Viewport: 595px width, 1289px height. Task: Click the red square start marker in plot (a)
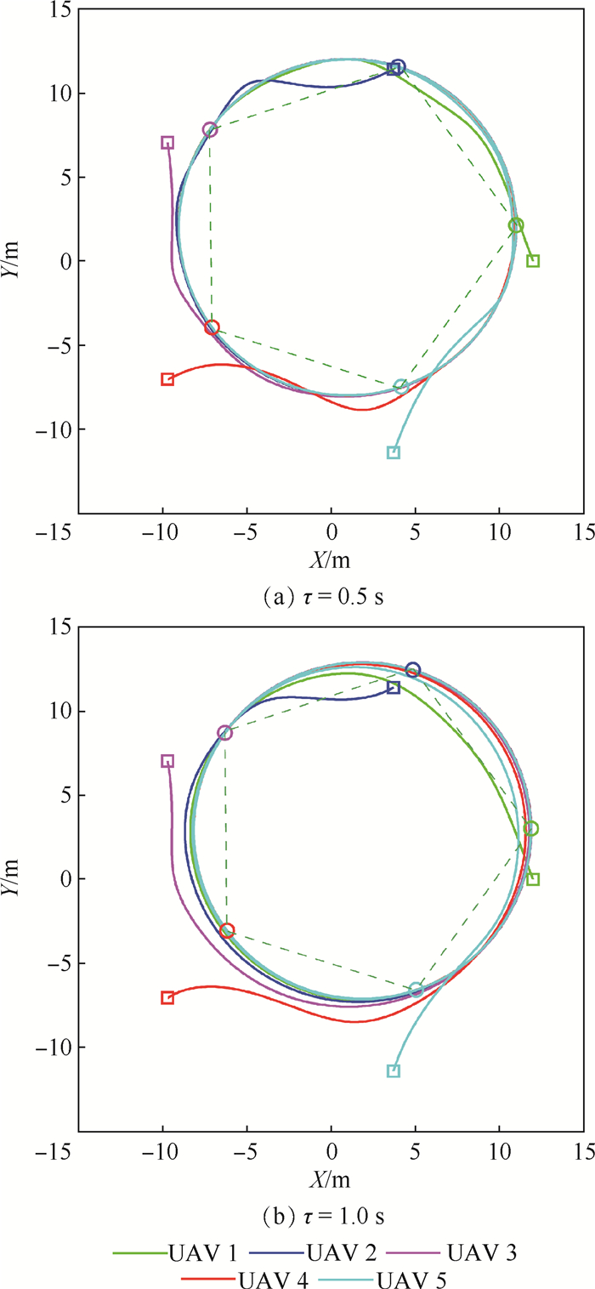[x=167, y=379]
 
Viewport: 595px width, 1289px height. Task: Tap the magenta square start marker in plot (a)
[x=167, y=143]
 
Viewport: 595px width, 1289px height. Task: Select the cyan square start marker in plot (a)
[x=394, y=452]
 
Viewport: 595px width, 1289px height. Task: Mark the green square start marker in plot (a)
[x=533, y=261]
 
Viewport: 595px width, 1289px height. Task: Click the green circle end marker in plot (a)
[x=516, y=225]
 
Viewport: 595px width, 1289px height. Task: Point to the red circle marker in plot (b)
[x=227, y=931]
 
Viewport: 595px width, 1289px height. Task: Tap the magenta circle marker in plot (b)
[x=224, y=732]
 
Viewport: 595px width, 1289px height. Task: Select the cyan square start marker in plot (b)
[x=394, y=1071]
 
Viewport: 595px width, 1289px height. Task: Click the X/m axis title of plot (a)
[x=331, y=560]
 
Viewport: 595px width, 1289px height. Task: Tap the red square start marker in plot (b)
[x=167, y=997]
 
